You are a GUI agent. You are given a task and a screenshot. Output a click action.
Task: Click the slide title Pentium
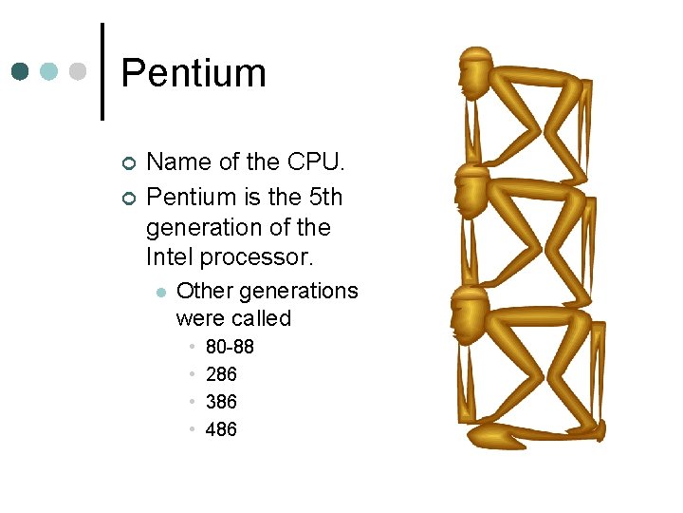point(194,73)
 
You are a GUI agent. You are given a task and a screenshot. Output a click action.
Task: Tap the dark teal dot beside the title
point(21,71)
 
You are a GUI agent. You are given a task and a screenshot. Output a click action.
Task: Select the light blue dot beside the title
point(49,71)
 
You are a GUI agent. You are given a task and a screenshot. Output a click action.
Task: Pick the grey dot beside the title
point(78,71)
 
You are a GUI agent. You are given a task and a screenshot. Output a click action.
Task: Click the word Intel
point(171,256)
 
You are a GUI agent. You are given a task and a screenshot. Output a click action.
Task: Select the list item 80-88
point(230,347)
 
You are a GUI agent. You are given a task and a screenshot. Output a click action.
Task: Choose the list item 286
point(221,374)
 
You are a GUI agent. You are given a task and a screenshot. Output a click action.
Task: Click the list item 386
point(221,402)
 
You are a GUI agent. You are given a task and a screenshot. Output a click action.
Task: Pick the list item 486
point(221,429)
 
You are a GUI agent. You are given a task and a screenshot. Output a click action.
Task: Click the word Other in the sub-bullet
point(203,291)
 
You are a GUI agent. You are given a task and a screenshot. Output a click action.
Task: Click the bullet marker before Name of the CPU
point(130,163)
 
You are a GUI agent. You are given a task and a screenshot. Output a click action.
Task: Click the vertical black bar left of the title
point(102,71)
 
